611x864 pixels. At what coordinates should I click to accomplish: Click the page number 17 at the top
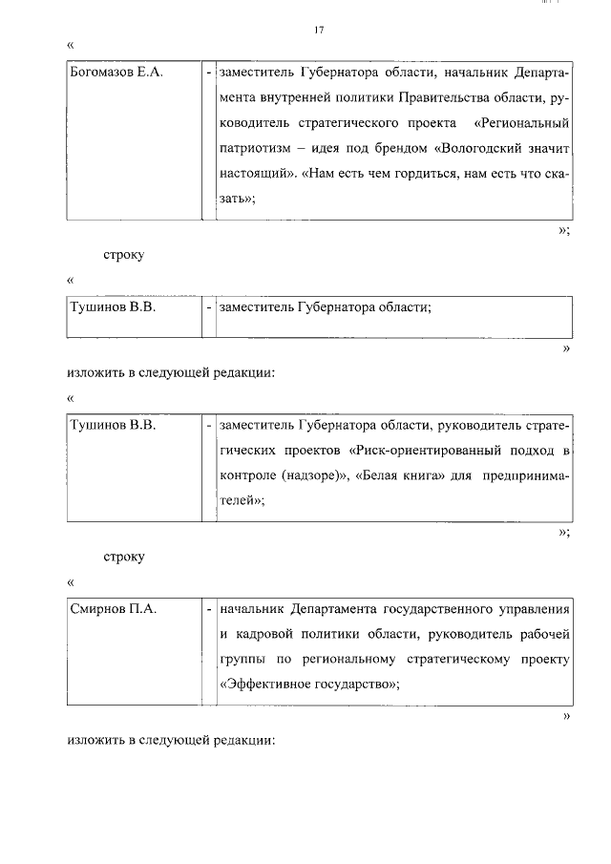tap(319, 31)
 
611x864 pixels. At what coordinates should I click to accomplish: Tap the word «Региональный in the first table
tap(515, 123)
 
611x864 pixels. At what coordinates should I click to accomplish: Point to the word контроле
tap(247, 474)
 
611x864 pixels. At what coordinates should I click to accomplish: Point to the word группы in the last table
tap(240, 660)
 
